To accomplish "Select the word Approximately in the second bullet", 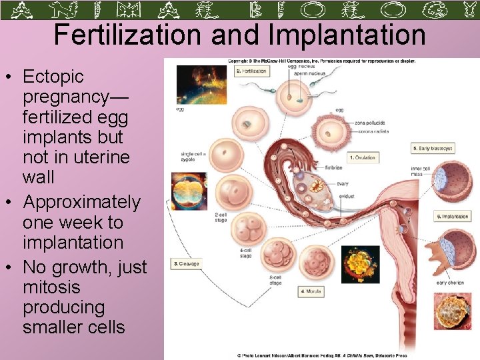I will (x=81, y=201).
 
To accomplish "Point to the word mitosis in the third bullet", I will (x=51, y=287).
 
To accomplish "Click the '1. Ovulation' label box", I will (x=362, y=158).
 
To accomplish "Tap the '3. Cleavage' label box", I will (x=187, y=264).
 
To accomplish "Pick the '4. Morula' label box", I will (x=311, y=291).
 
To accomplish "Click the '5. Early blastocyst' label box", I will (x=433, y=148).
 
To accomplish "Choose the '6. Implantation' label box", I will (x=453, y=217).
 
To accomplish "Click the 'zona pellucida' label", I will (x=369, y=123).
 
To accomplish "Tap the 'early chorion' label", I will (x=450, y=283).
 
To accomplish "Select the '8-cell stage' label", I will (x=275, y=280).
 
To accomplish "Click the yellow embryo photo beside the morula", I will (x=360, y=265).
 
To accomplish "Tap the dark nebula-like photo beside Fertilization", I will (x=196, y=85).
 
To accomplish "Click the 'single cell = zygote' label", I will (x=193, y=157).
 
